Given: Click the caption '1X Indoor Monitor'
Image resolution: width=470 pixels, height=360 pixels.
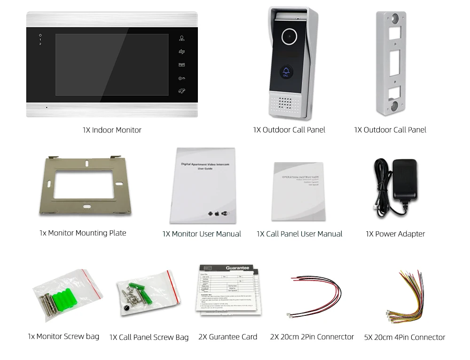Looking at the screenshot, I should pyautogui.click(x=112, y=130).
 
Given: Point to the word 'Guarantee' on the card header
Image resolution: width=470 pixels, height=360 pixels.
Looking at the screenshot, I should pyautogui.click(x=237, y=268).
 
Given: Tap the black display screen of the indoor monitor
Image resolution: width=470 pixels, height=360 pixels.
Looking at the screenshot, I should pyautogui.click(x=112, y=64).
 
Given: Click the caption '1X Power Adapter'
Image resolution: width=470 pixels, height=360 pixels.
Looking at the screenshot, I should pyautogui.click(x=395, y=234).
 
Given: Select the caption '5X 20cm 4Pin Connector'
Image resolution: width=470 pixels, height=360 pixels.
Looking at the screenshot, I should pyautogui.click(x=404, y=337).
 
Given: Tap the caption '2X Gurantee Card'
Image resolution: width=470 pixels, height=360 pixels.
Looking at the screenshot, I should pyautogui.click(x=227, y=337).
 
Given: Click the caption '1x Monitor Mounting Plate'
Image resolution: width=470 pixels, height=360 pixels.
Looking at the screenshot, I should pyautogui.click(x=83, y=233).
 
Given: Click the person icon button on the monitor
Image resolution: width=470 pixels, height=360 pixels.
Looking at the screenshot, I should pyautogui.click(x=181, y=39).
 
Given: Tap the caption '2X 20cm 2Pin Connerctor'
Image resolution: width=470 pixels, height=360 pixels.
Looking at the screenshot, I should pyautogui.click(x=312, y=337).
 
